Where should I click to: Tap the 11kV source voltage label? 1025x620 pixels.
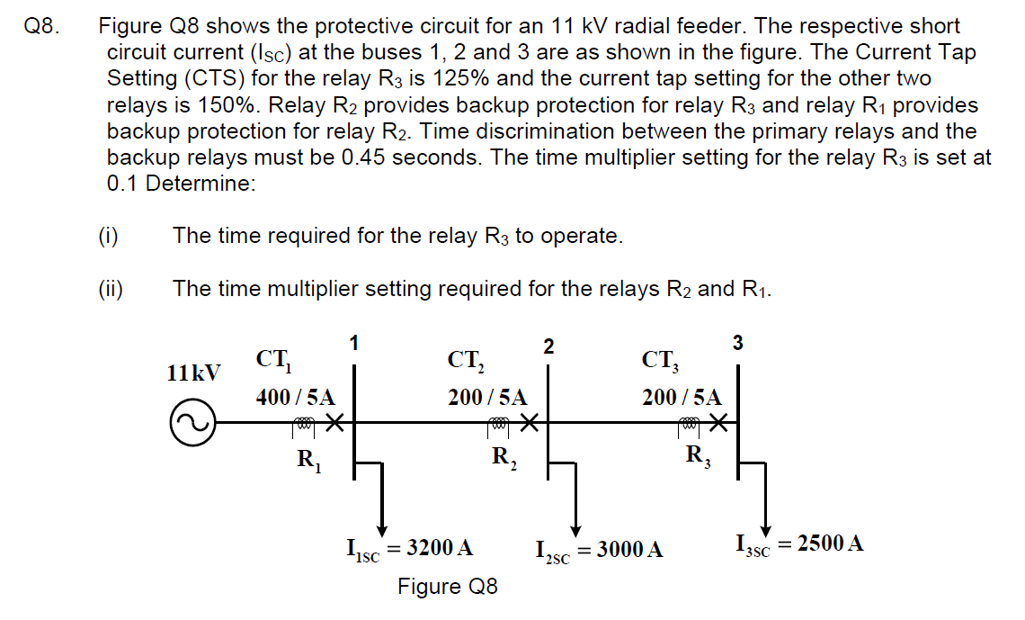tap(193, 372)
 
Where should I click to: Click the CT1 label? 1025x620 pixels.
tap(272, 360)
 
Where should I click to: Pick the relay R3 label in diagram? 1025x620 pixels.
tap(698, 457)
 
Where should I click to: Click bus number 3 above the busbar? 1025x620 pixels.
tap(738, 343)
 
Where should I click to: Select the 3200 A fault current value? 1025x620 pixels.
tap(440, 546)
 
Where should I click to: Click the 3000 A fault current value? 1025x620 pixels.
tap(629, 548)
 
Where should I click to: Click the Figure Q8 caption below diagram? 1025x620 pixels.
tap(447, 587)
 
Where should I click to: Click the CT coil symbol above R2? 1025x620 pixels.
tap(499, 423)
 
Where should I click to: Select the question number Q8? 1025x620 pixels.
tap(42, 27)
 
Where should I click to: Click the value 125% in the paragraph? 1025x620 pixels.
tap(472, 79)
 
